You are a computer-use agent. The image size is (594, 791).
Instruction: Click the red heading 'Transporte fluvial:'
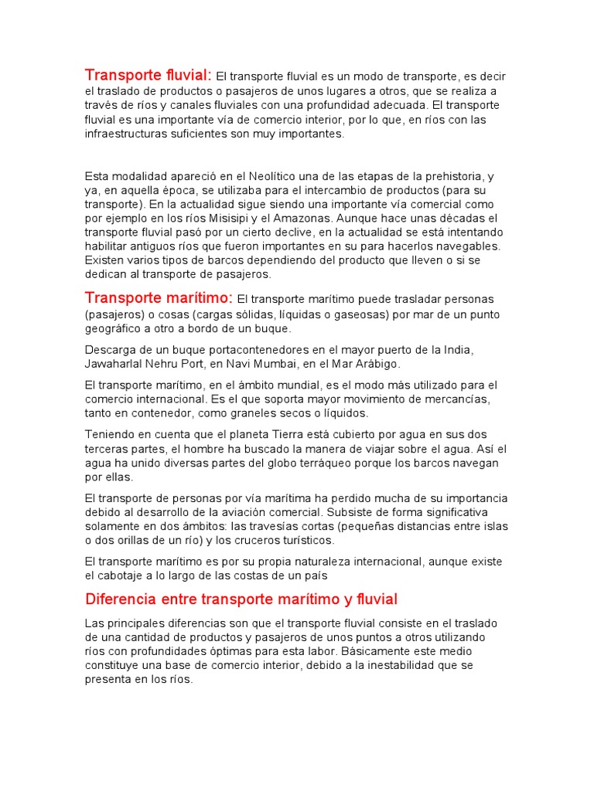coord(148,75)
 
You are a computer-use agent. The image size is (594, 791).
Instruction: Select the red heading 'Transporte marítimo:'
coord(159,297)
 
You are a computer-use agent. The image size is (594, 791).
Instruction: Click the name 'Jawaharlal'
coord(115,363)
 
